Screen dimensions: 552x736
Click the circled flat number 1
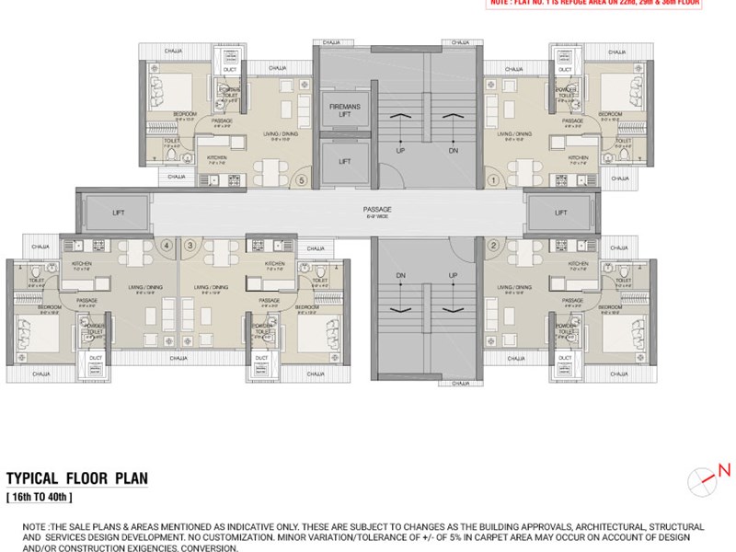click(494, 181)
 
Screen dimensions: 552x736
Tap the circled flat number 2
click(494, 245)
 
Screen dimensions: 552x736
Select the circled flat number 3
click(190, 245)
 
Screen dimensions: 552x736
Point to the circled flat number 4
click(167, 245)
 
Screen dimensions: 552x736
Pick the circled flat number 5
click(302, 181)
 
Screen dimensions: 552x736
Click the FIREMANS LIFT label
click(345, 111)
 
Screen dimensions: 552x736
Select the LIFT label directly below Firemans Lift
click(345, 161)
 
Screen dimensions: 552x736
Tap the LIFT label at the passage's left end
click(118, 213)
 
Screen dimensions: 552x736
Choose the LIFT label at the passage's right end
click(561, 213)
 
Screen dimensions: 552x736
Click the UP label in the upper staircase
click(400, 149)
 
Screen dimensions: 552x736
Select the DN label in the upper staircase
click(452, 149)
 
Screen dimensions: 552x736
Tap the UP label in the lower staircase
click(452, 275)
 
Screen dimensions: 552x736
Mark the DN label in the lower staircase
click(400, 275)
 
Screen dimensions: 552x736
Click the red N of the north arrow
click(723, 470)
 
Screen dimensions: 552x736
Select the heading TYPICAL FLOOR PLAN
click(77, 479)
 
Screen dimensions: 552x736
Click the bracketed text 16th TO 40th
click(39, 497)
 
